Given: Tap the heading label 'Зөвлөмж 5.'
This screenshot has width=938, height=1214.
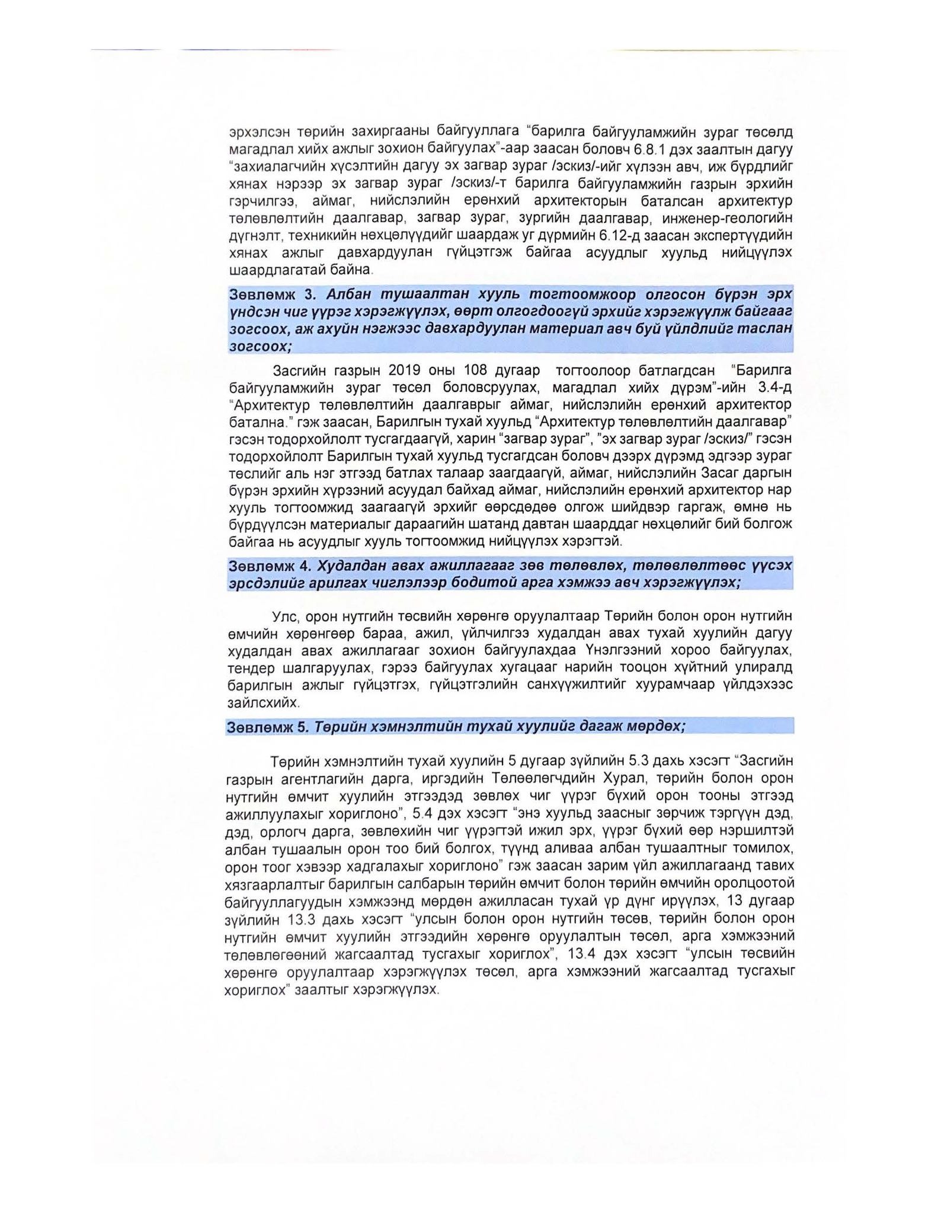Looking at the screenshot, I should pos(267,727).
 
